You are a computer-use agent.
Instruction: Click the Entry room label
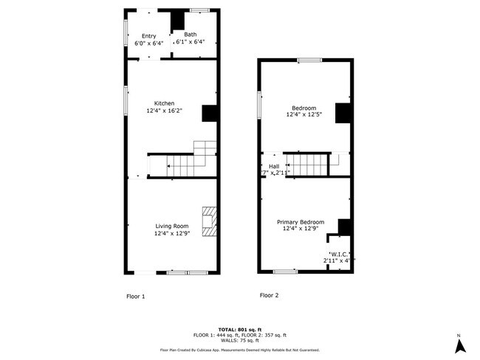pos(149,35)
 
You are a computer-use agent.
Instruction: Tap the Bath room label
pos(191,35)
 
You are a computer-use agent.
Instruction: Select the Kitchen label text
pos(164,103)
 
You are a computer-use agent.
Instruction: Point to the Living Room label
pos(171,226)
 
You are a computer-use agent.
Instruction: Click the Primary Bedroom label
pos(301,222)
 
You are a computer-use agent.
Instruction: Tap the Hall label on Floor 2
pos(274,166)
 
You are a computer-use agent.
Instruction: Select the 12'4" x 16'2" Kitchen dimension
pos(164,111)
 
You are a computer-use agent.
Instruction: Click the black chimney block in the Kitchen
pos(210,113)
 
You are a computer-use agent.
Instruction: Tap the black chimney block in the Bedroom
pos(343,113)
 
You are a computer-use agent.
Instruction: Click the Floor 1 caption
pos(136,296)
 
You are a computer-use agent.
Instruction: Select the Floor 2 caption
pos(269,295)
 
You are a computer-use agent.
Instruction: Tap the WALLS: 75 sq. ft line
pos(240,340)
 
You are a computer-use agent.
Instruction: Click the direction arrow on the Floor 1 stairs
pos(171,166)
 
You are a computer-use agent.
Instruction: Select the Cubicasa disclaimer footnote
pos(240,350)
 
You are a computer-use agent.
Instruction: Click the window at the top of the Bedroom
pos(309,60)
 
